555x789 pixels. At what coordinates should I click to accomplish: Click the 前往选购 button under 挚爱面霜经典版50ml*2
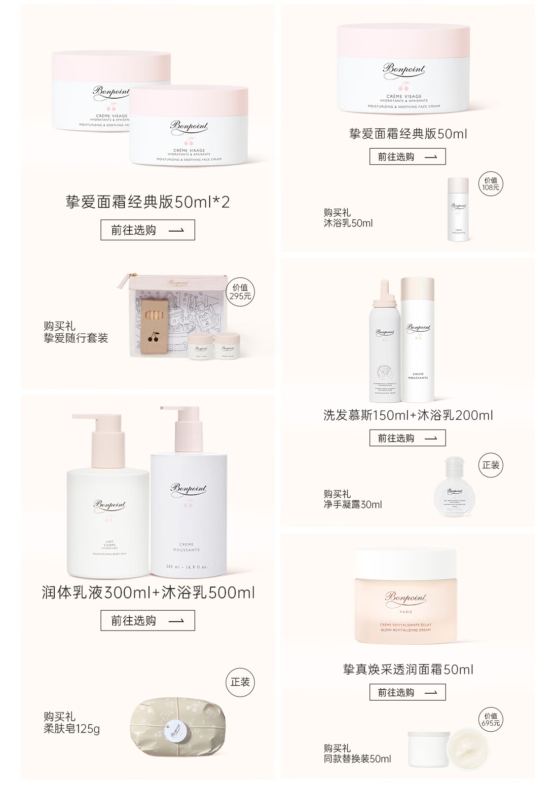point(148,230)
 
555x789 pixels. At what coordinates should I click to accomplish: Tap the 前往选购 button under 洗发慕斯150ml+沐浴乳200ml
point(407,438)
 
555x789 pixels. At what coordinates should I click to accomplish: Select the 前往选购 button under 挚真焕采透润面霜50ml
point(407,692)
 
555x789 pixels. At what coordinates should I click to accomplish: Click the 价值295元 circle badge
point(240,292)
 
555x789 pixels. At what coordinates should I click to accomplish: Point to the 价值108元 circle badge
point(490,184)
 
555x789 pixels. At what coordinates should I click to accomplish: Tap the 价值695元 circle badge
point(490,719)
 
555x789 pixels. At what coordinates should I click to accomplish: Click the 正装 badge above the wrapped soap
point(240,682)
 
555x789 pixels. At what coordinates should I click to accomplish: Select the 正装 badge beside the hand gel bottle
point(490,465)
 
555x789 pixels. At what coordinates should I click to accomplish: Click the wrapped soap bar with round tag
point(178,726)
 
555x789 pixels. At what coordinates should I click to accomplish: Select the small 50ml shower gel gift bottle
point(458,210)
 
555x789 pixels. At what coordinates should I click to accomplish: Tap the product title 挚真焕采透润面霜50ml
point(408,670)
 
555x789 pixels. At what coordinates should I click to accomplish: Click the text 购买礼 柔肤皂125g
point(72,723)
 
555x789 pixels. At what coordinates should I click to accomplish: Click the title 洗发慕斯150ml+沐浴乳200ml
point(408,415)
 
